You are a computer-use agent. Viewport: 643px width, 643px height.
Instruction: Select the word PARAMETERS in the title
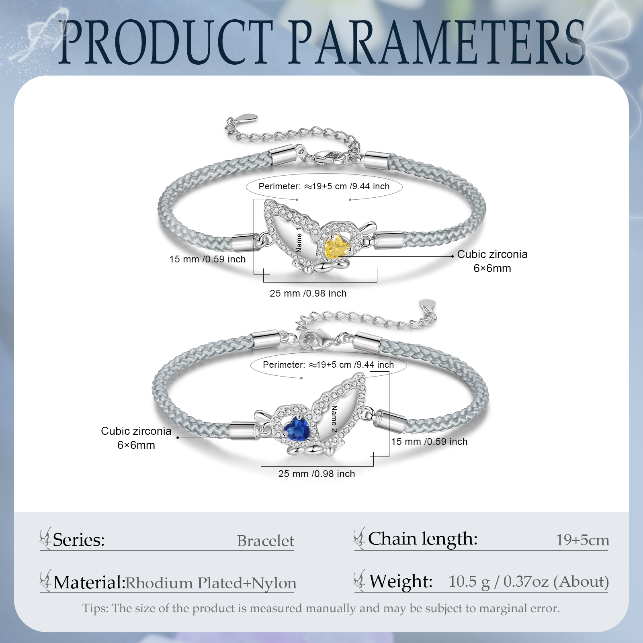tap(436, 42)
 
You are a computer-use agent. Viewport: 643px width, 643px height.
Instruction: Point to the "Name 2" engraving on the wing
tap(334, 418)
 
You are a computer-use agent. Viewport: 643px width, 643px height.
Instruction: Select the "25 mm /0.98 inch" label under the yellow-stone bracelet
tap(308, 293)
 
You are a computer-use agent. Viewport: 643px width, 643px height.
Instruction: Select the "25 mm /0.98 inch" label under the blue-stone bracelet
tap(317, 474)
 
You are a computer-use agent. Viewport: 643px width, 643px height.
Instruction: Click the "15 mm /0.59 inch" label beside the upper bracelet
tap(207, 259)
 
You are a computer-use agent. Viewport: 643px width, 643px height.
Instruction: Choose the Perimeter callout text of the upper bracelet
tap(324, 186)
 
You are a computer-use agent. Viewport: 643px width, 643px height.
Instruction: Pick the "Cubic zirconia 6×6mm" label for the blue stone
tap(136, 438)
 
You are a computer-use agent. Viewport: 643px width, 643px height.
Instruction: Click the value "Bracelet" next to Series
tap(265, 541)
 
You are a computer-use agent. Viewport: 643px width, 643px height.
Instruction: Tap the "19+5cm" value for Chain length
tap(582, 540)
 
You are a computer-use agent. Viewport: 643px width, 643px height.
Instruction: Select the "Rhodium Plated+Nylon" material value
tap(211, 583)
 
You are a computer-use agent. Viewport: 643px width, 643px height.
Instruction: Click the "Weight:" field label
tap(400, 582)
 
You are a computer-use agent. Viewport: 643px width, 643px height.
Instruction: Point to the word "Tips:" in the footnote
tap(95, 608)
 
